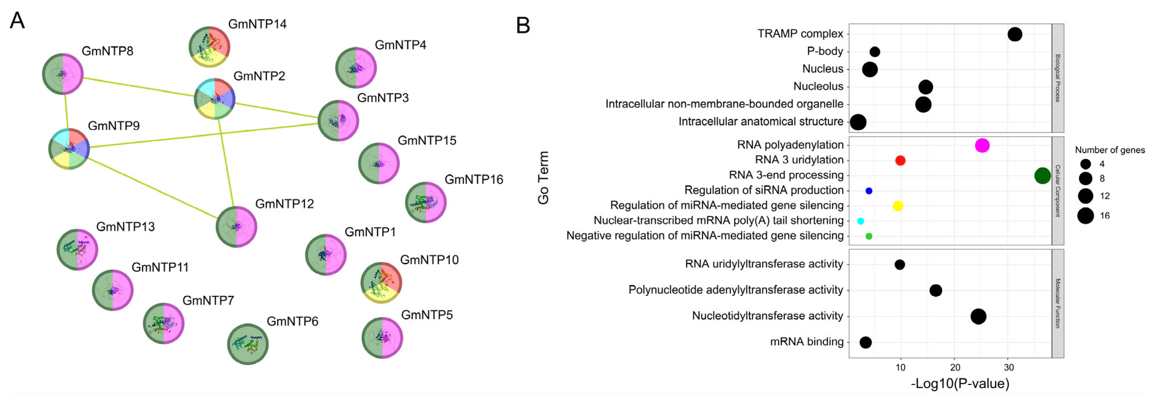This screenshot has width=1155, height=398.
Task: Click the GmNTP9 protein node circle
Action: pyautogui.click(x=69, y=149)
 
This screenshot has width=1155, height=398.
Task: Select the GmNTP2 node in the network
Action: pyautogui.click(x=214, y=99)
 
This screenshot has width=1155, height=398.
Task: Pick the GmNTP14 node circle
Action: pyautogui.click(x=209, y=47)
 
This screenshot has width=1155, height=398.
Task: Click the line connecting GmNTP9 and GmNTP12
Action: pyautogui.click(x=152, y=187)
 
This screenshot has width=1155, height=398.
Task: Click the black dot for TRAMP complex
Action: pyautogui.click(x=1015, y=34)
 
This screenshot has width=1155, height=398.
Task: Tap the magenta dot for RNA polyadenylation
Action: pyautogui.click(x=982, y=146)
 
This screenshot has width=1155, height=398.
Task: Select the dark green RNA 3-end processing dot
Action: pyautogui.click(x=1043, y=176)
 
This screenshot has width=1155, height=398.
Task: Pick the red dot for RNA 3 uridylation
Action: pyautogui.click(x=900, y=160)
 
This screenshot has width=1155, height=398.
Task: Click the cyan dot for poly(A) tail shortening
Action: pyautogui.click(x=860, y=221)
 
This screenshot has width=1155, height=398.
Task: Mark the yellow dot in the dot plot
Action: pyautogui.click(x=898, y=206)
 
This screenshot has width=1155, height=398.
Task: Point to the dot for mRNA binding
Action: pyautogui.click(x=865, y=342)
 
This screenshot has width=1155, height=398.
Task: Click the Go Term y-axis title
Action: pyautogui.click(x=543, y=177)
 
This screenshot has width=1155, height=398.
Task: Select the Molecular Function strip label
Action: pyautogui.click(x=1058, y=303)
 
